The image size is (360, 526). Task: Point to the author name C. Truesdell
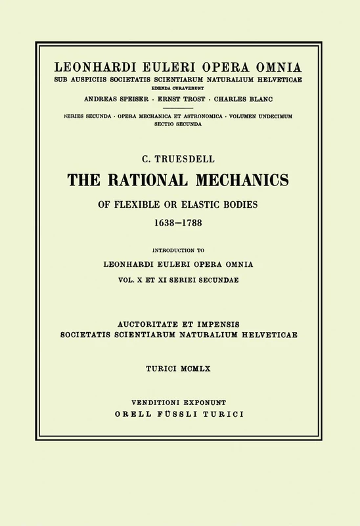(179, 155)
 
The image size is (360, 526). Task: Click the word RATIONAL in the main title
(154, 176)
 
